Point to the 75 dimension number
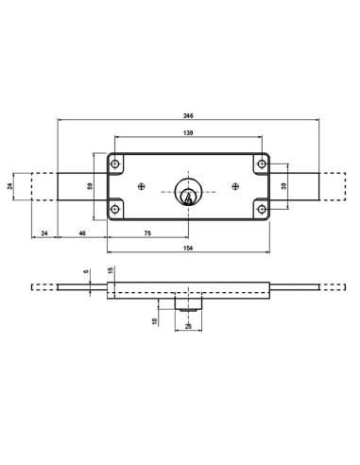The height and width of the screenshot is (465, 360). tap(147, 232)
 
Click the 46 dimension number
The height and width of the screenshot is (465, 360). tap(82, 232)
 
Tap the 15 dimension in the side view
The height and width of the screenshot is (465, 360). tap(111, 272)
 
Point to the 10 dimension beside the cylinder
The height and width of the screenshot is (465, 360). tap(157, 321)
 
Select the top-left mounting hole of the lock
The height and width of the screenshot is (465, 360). tap(116, 164)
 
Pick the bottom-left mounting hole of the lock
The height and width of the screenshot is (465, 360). tap(116, 209)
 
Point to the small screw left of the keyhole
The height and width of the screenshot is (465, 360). tap(141, 186)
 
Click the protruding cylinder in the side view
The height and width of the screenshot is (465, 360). tap(188, 305)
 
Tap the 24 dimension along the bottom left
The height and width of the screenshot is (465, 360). tap(43, 232)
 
